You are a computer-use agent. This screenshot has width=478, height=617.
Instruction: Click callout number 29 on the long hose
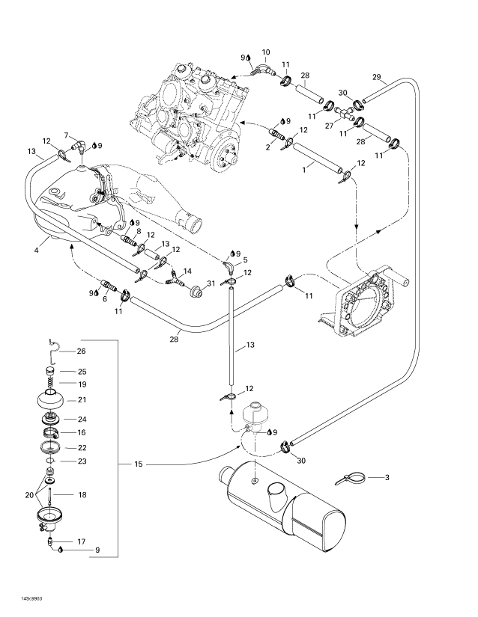point(376,77)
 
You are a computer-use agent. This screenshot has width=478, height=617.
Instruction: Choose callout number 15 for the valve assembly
point(139,464)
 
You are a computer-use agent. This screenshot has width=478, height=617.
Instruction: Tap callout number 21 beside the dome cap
point(82,399)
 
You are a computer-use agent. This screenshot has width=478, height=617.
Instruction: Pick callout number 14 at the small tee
point(187,270)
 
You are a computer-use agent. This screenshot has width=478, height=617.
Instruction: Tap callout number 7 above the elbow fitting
point(66,135)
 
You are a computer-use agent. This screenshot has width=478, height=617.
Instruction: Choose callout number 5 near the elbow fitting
point(244,260)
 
